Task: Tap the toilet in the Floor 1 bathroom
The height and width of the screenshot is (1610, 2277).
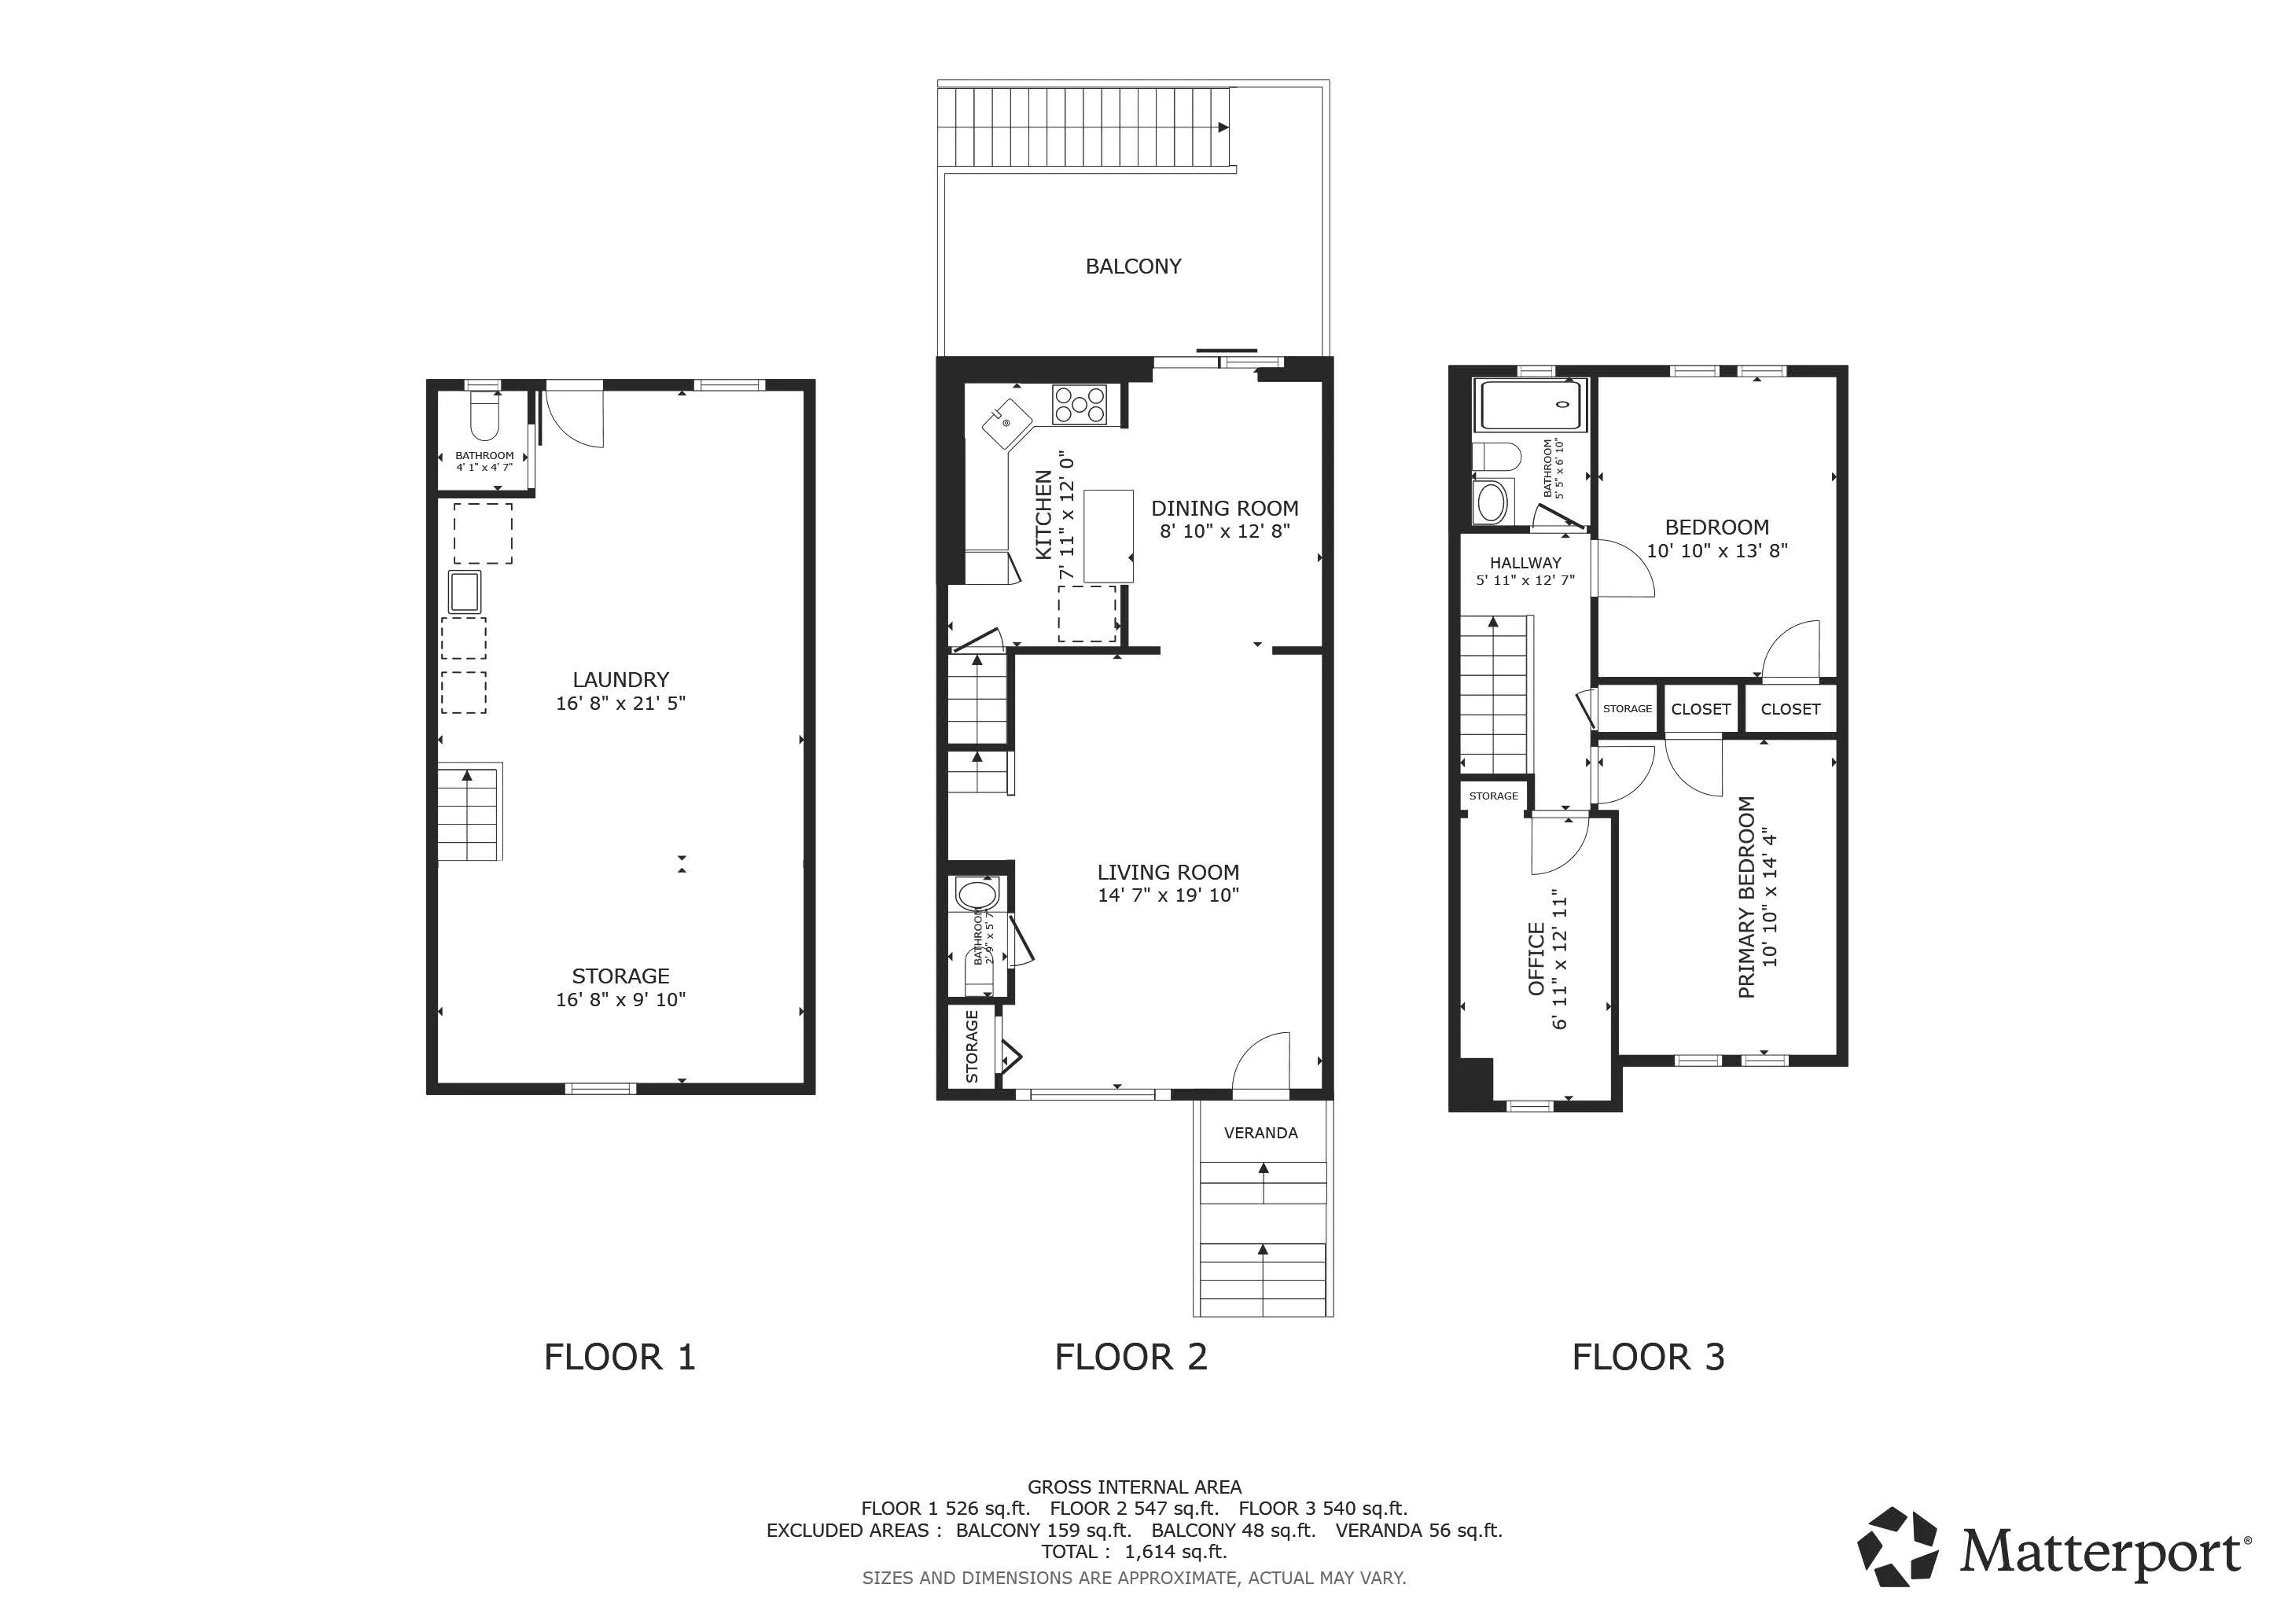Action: [x=484, y=417]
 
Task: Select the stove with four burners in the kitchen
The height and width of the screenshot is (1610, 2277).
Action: [x=1079, y=405]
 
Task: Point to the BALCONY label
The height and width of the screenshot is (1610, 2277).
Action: [x=1132, y=266]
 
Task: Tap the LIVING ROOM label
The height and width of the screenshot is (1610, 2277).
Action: [x=1168, y=873]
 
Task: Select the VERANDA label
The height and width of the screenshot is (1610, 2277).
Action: [x=1260, y=1133]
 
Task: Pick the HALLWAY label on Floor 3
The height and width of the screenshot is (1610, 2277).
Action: [x=1525, y=563]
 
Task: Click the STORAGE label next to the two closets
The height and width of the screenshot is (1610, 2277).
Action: [x=1627, y=709]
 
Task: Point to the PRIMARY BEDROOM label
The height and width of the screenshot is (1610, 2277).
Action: [x=1746, y=897]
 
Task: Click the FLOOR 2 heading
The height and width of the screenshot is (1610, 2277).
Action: [x=1131, y=1357]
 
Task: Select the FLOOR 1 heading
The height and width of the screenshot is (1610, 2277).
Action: [x=620, y=1357]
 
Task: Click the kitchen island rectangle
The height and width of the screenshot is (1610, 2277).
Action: [x=1109, y=536]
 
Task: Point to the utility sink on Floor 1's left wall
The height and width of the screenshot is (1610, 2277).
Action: [x=464, y=592]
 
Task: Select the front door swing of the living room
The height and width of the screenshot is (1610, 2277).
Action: [x=1261, y=1063]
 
